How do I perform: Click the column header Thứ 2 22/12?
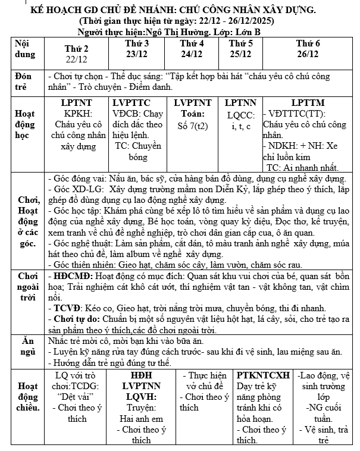tap(77, 54)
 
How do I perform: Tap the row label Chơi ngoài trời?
tap(27, 303)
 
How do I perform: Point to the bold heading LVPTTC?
tap(138, 102)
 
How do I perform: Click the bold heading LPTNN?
tap(240, 102)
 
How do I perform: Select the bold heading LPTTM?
tap(308, 102)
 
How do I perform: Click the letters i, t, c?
tap(240, 127)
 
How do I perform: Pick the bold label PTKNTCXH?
tap(263, 375)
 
